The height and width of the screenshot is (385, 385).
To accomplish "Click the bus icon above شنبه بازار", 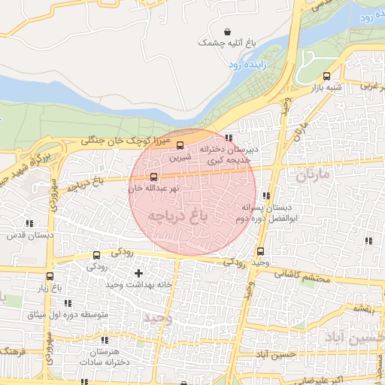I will point(326,76).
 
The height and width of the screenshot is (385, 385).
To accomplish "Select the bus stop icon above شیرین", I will point(180,145).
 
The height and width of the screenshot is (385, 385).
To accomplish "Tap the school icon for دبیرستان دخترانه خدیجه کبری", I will point(227,138).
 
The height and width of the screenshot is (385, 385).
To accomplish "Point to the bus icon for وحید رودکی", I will point(260,251).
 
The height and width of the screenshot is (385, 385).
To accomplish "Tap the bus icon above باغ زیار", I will point(50,276).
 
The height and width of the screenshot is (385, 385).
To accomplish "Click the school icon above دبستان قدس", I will point(29,223).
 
